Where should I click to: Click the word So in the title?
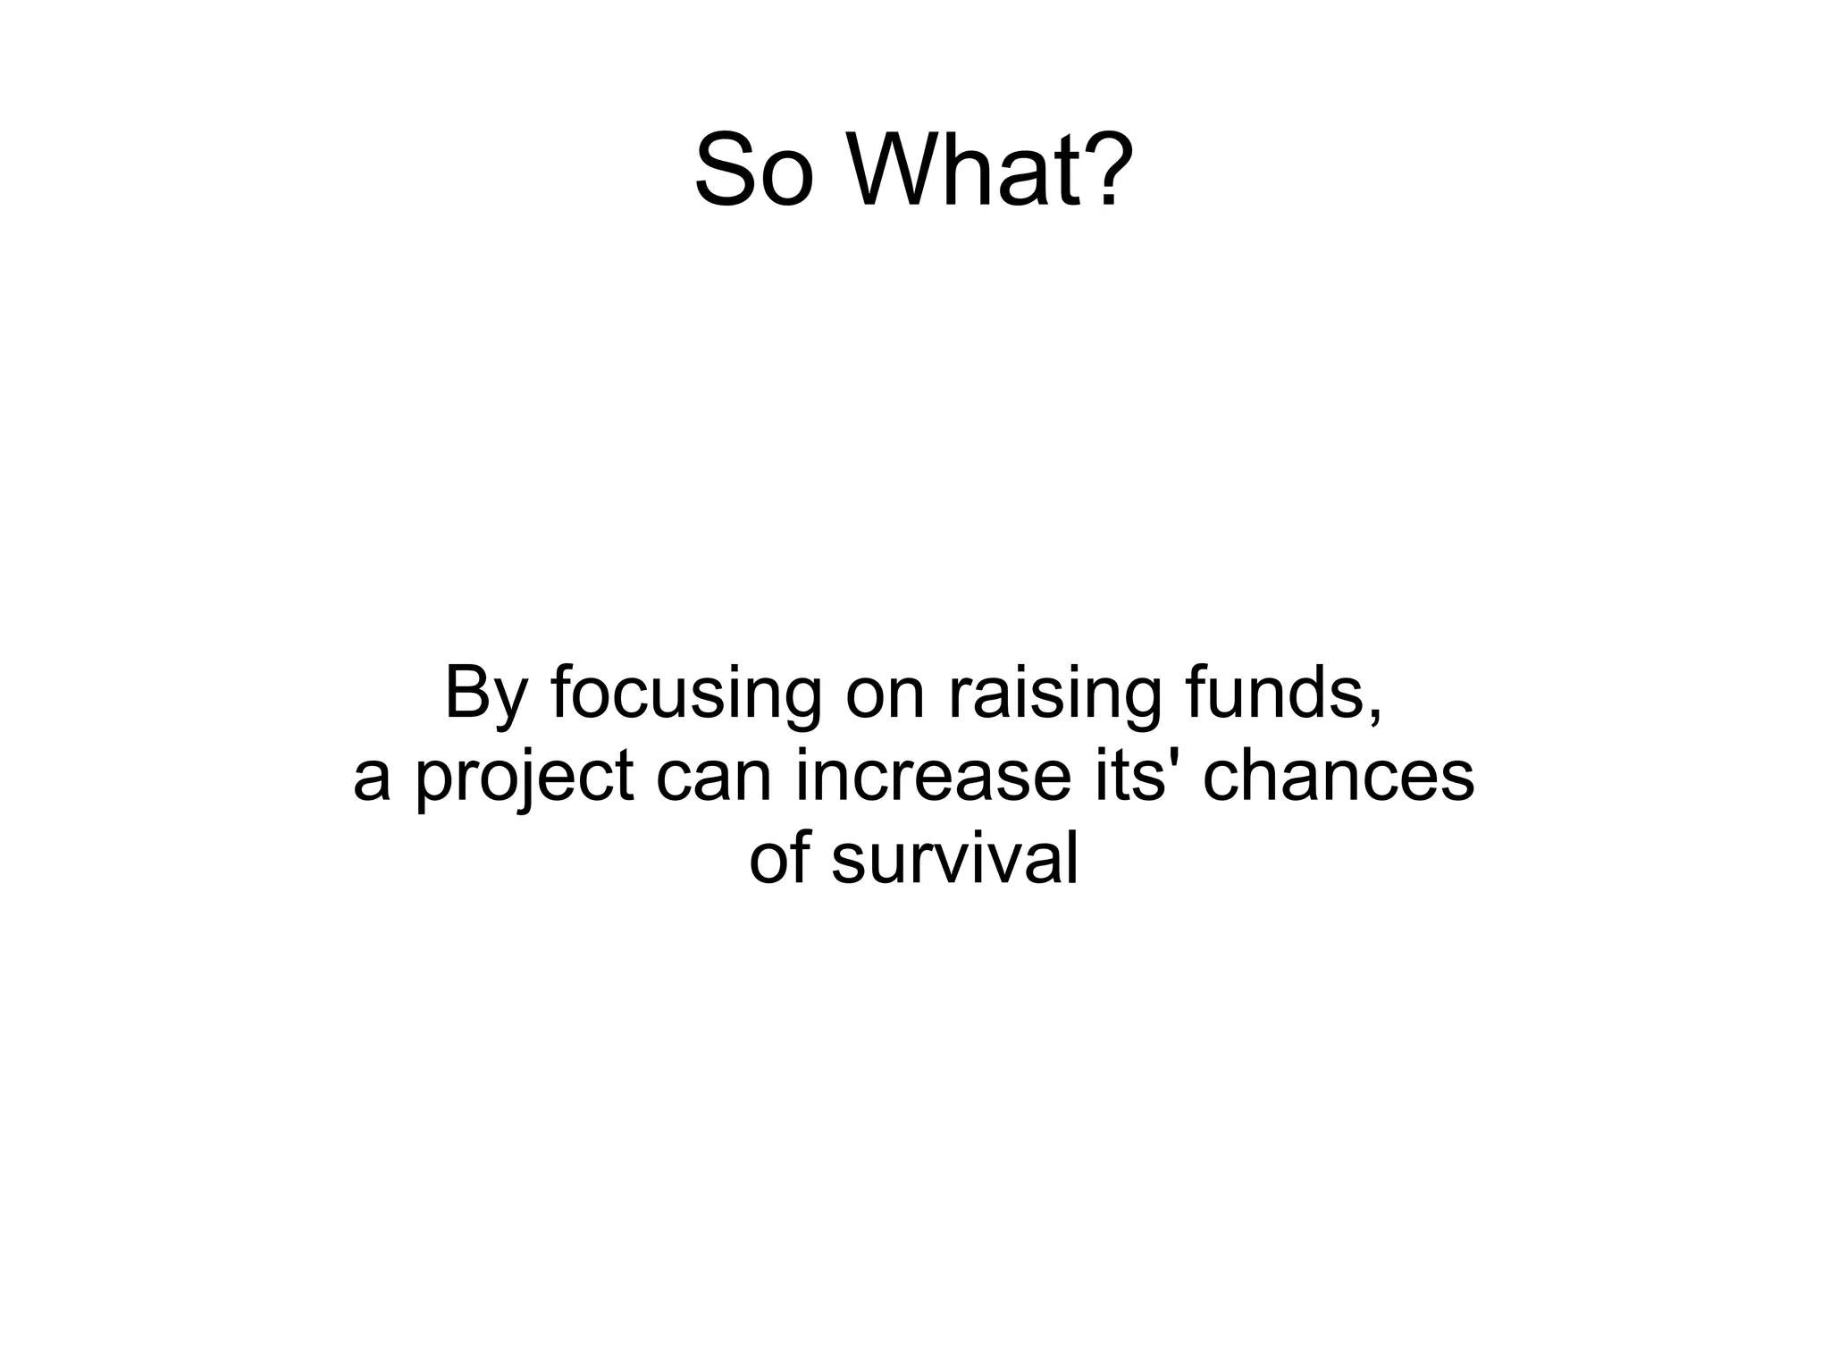[753, 170]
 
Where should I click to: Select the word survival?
[954, 859]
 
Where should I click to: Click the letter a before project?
[372, 779]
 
